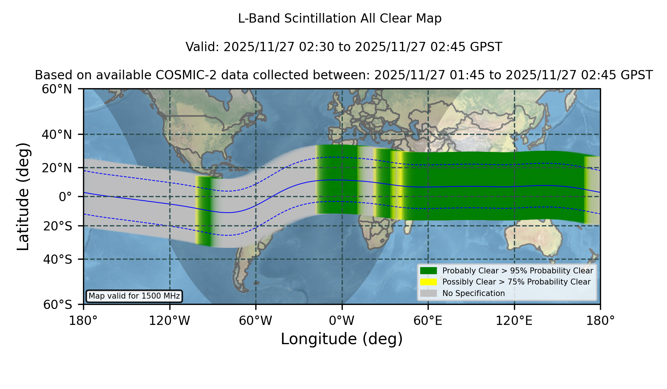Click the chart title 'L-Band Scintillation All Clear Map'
pyautogui.click(x=340, y=19)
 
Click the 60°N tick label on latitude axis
pyautogui.click(x=57, y=89)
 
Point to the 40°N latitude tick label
pyautogui.click(x=57, y=134)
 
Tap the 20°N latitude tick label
pyautogui.click(x=57, y=168)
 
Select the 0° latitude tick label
pyautogui.click(x=65, y=197)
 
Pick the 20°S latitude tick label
pyautogui.click(x=57, y=226)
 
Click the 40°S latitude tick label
pyautogui.click(x=57, y=259)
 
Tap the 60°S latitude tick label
pyautogui.click(x=57, y=305)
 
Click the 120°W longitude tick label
pyautogui.click(x=169, y=320)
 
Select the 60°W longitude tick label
pyautogui.click(x=256, y=320)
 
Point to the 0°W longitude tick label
pyautogui.click(x=342, y=320)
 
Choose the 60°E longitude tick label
pyautogui.click(x=428, y=320)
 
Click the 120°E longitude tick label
pyautogui.click(x=514, y=320)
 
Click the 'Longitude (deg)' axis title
pyautogui.click(x=342, y=339)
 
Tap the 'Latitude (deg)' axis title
pyautogui.click(x=23, y=196)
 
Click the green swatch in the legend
pyautogui.click(x=428, y=270)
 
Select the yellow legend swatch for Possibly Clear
pyautogui.click(x=428, y=282)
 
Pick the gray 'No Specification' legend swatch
pyautogui.click(x=428, y=293)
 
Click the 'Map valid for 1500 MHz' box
pyautogui.click(x=134, y=296)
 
